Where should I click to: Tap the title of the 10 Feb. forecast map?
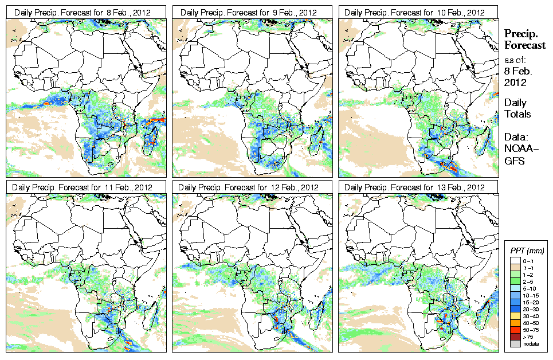point(415,12)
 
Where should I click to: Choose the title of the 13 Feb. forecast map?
point(415,187)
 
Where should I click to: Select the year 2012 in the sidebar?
point(514,82)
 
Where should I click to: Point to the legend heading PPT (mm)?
point(528,251)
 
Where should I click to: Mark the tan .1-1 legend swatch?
point(513,268)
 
